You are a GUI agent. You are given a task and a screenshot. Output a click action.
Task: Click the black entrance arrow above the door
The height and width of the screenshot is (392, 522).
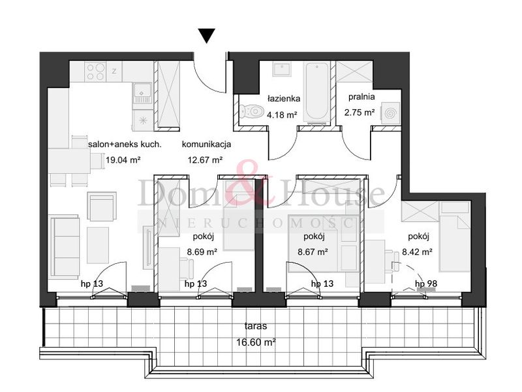(x=207, y=36)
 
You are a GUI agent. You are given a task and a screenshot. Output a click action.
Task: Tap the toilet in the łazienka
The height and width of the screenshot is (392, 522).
(x=250, y=110)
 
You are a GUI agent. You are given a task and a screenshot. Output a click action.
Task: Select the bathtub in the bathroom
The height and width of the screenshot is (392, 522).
(x=316, y=91)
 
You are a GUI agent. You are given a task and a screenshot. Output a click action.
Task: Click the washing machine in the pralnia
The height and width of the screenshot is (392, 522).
(x=390, y=112)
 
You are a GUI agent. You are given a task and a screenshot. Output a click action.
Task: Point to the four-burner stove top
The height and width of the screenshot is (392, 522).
(x=95, y=72)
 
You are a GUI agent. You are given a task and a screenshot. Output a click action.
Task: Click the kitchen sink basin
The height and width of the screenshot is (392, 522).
(x=142, y=91)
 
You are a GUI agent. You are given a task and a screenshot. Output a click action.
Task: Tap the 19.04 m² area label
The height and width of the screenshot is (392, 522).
(x=123, y=159)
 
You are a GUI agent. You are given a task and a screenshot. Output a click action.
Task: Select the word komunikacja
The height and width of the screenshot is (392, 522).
(x=206, y=144)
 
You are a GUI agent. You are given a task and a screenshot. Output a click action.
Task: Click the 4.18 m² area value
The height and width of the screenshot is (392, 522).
(x=282, y=115)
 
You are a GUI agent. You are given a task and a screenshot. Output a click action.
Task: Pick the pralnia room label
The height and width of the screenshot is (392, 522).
(x=361, y=97)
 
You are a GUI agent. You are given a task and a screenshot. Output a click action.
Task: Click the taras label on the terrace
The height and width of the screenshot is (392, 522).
(x=256, y=325)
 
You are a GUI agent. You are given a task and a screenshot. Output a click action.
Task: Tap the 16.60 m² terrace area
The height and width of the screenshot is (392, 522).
(x=256, y=342)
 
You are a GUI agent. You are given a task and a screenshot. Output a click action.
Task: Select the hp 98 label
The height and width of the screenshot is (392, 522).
(x=426, y=284)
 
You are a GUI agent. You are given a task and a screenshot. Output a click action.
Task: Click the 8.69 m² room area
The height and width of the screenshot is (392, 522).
(x=202, y=252)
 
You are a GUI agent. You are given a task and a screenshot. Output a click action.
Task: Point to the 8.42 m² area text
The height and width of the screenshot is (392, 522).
(x=417, y=252)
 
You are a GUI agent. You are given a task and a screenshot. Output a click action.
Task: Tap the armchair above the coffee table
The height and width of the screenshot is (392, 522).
(x=102, y=206)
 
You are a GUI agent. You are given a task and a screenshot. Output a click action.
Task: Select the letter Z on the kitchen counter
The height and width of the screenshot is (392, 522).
(x=114, y=71)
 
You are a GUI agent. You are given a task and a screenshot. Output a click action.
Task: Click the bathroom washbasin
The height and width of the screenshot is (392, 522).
(x=283, y=69)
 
